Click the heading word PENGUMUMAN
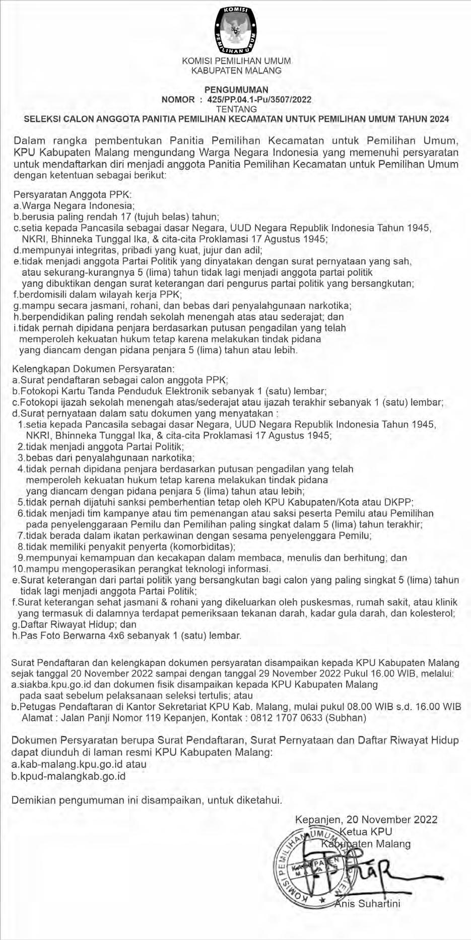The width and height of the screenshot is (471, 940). pyautogui.click(x=236, y=90)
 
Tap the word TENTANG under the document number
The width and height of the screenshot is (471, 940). pyautogui.click(x=236, y=109)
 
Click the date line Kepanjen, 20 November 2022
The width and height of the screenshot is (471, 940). pyautogui.click(x=366, y=819)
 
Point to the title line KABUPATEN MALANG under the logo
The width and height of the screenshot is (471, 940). pyautogui.click(x=236, y=70)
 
